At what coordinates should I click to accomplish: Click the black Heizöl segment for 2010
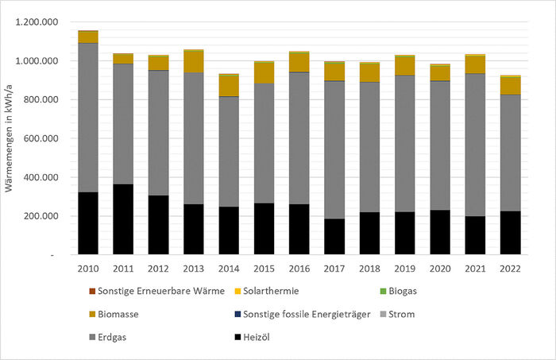point(87,223)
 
